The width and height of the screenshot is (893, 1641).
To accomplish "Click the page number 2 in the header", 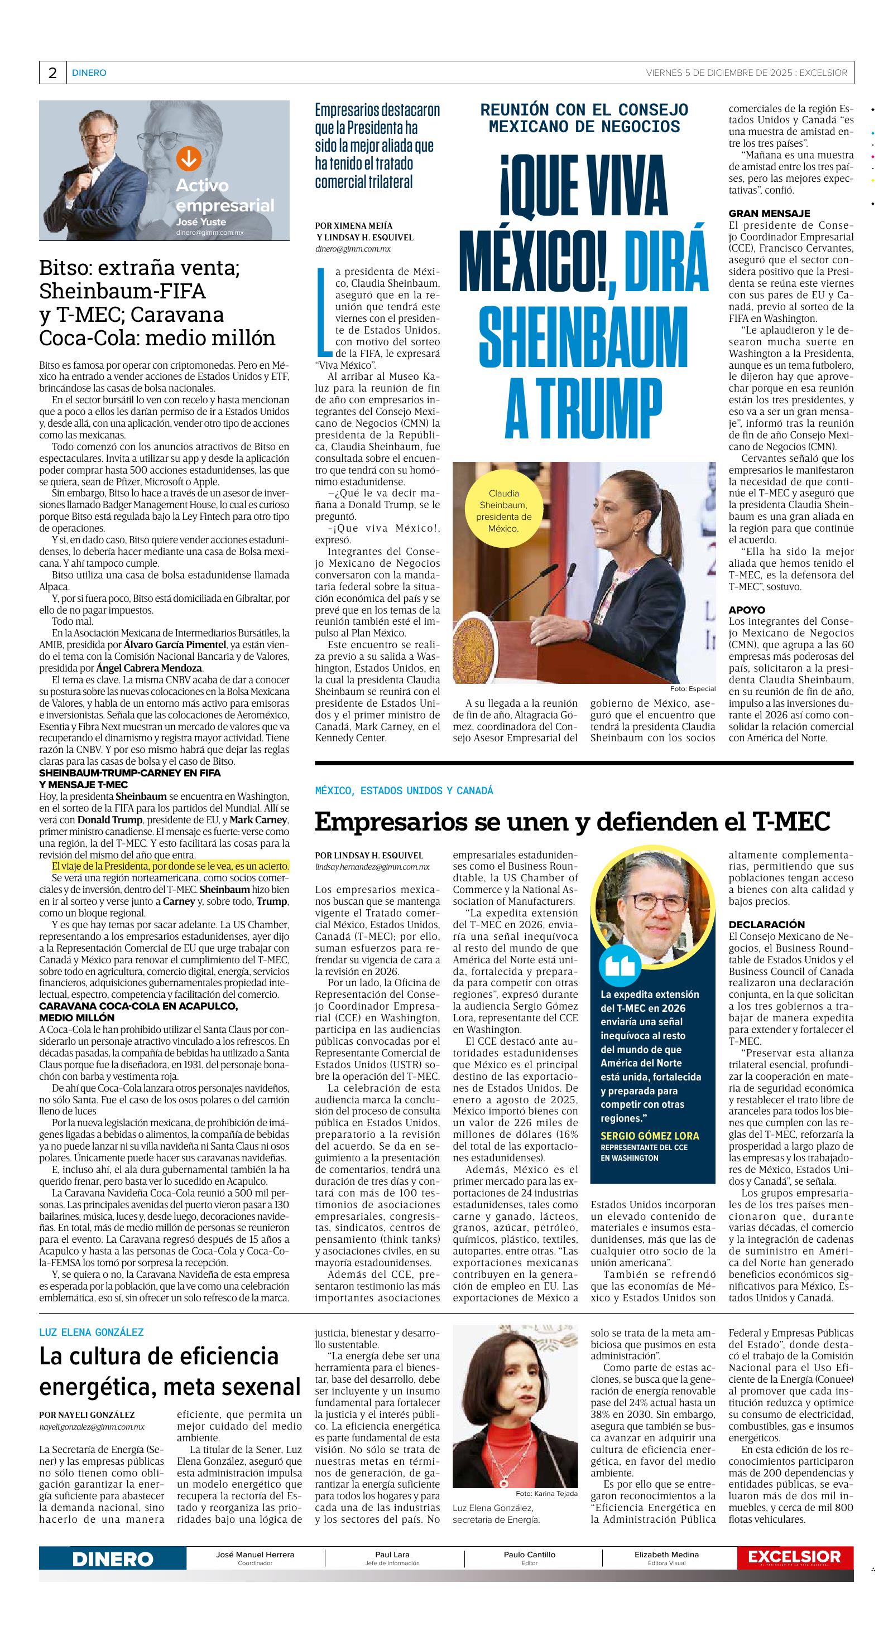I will pos(52,73).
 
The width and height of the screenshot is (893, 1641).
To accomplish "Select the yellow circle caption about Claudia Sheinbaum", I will pos(503,511).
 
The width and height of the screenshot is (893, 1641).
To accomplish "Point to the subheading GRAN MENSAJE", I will pos(769,214).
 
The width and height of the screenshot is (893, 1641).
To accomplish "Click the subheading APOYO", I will pos(747,610).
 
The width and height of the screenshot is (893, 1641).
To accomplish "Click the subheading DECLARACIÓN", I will pos(767,924).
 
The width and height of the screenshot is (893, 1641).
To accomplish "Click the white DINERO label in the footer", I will pos(113,1559).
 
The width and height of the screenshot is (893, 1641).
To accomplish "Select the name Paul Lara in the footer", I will pos(392,1555).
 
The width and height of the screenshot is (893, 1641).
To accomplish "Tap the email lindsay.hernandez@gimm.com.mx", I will pos(372,867).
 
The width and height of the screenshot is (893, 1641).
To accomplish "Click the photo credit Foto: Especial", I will pos(693,689).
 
